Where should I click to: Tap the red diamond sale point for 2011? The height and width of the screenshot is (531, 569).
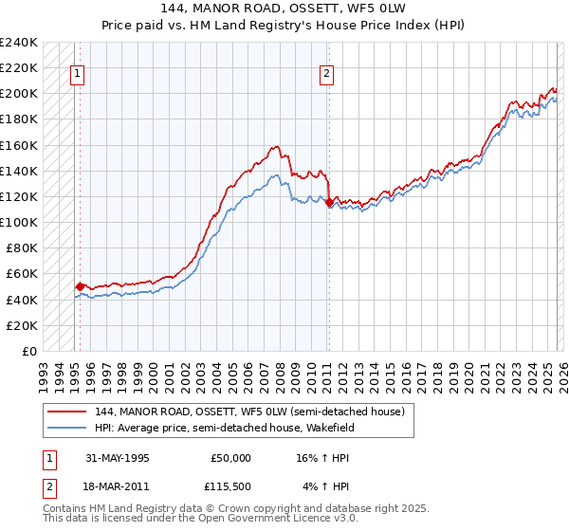[329, 202]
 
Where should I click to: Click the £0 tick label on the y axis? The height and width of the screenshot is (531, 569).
[28, 351]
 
